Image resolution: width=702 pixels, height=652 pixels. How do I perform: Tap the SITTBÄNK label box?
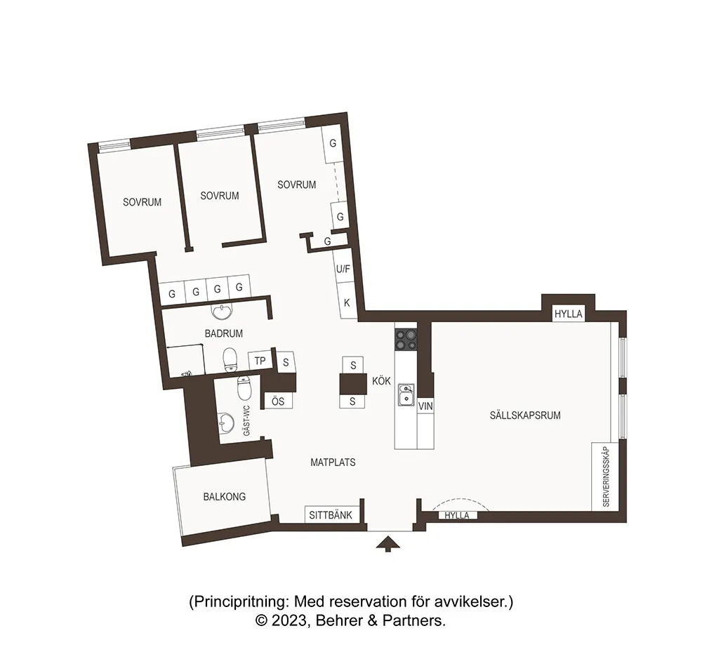[x=333, y=515]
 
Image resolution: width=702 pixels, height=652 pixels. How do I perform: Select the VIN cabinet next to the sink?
[x=424, y=406]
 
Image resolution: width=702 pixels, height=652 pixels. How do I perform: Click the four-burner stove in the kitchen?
[x=405, y=340]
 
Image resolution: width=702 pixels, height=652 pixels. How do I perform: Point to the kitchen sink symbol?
[x=405, y=394]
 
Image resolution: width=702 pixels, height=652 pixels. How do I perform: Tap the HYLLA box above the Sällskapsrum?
[x=569, y=314]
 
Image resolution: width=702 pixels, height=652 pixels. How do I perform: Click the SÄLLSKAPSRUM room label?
[x=525, y=415]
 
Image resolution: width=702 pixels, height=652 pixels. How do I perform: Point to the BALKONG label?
[x=224, y=496]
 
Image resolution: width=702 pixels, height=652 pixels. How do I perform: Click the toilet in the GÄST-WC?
[x=244, y=387]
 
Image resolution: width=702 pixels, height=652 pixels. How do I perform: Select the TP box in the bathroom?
[x=260, y=361]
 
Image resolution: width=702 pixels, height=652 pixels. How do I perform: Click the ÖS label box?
[x=277, y=401]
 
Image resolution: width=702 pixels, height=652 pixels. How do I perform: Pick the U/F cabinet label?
[x=343, y=269]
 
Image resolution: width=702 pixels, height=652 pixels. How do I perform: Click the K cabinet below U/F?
[x=346, y=302]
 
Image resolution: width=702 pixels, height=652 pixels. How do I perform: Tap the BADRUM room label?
[x=223, y=333]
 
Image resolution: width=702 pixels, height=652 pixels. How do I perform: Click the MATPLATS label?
[x=333, y=463]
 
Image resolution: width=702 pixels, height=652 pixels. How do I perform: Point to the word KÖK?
[x=381, y=381]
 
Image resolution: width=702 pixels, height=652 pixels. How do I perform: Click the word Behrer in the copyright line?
[x=339, y=620]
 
